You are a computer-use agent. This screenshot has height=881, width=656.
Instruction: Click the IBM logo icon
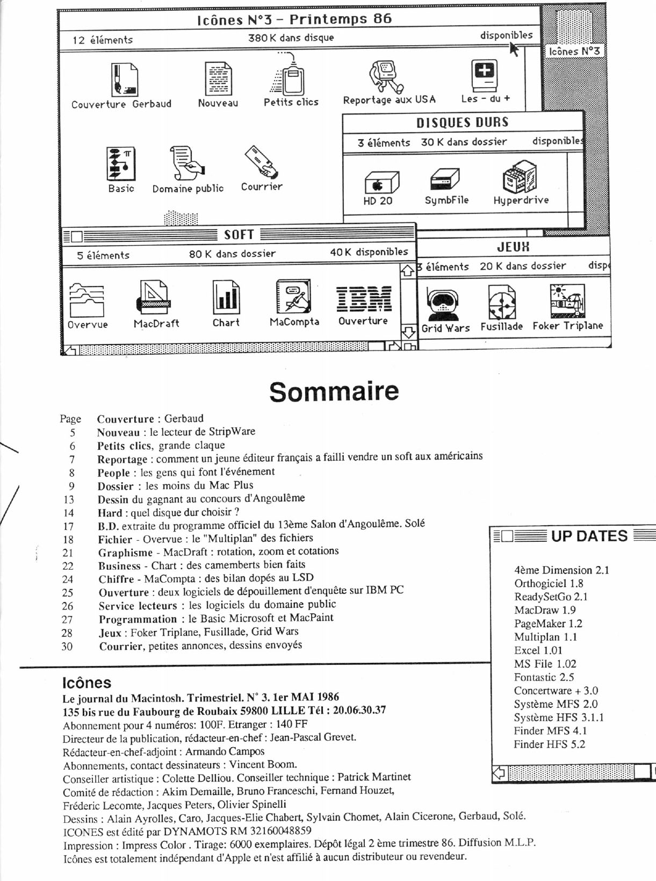pos(364,299)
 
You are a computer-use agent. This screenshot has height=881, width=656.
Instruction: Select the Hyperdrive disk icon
pos(520,177)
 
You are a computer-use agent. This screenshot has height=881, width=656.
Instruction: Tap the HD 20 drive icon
pos(381,182)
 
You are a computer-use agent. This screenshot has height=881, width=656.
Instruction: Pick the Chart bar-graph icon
pos(226,297)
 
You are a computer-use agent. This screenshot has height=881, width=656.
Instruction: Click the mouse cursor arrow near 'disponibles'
pos(514,49)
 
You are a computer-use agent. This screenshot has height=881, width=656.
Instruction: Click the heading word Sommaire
pos(334,391)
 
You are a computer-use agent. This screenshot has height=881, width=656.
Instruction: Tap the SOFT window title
pos(239,235)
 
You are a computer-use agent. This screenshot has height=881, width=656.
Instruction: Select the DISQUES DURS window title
pos(462,123)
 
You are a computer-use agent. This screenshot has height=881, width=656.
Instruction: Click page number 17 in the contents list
pos(68,526)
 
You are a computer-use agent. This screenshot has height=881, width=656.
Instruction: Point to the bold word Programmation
pos(138,619)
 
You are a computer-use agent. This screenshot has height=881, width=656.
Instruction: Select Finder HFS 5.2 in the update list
pos(549,744)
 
